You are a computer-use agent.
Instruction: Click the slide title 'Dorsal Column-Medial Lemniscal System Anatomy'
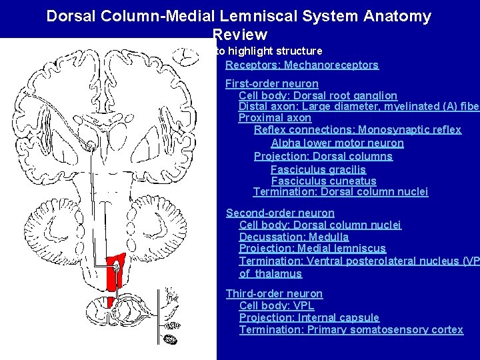(x=239, y=16)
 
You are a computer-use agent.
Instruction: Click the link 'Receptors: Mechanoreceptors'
(x=302, y=65)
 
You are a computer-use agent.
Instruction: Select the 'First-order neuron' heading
(x=272, y=84)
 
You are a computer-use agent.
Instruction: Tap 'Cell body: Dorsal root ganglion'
(x=318, y=96)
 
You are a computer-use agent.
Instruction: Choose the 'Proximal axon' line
(x=275, y=118)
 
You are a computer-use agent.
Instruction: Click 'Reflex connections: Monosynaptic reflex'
(x=357, y=130)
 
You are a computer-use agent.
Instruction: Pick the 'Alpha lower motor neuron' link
(x=337, y=143)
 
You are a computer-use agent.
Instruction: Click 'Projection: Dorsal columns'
(x=323, y=157)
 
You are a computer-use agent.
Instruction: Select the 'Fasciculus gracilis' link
(x=319, y=170)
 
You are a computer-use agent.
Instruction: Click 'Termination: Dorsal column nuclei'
(x=341, y=193)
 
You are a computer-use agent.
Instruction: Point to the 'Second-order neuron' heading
(x=280, y=213)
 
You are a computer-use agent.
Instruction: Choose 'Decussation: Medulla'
(x=294, y=237)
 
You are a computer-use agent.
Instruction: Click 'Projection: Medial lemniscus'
(x=312, y=249)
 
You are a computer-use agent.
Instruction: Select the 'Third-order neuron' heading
(x=274, y=294)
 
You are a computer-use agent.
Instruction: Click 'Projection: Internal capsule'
(x=309, y=318)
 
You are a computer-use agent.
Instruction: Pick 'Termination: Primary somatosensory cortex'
(x=351, y=330)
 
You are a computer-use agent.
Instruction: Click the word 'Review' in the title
(x=240, y=35)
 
